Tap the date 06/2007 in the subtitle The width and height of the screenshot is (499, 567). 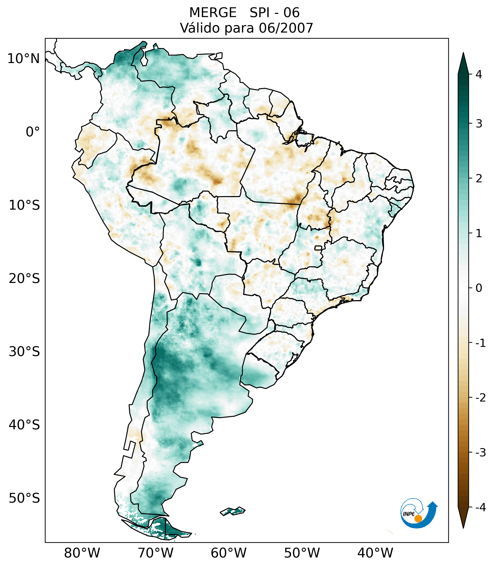pyautogui.click(x=286, y=28)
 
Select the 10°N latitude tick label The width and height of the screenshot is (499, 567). pyautogui.click(x=23, y=59)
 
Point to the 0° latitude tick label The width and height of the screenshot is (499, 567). pyautogui.click(x=33, y=132)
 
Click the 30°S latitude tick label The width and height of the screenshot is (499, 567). pyautogui.click(x=24, y=352)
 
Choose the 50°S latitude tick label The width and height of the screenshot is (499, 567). pyautogui.click(x=24, y=498)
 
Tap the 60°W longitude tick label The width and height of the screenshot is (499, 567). pyautogui.click(x=228, y=553)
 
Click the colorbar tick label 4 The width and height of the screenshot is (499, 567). pyautogui.click(x=479, y=74)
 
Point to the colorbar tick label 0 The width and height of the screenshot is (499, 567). pyautogui.click(x=479, y=288)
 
